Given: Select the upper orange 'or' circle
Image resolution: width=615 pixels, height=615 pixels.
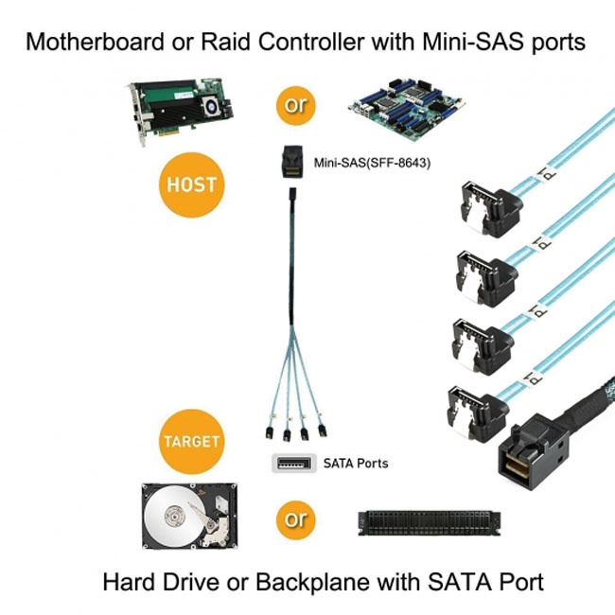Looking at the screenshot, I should coord(296,104).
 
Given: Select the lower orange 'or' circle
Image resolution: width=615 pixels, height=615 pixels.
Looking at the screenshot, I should coord(295,518).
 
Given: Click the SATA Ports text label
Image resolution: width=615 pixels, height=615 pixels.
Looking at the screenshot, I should coord(356,464).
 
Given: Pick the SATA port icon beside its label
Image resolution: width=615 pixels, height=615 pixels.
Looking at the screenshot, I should coord(293,464).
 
